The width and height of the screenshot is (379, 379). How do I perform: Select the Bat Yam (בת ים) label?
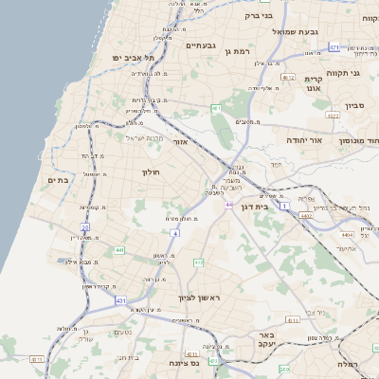coord(58,180)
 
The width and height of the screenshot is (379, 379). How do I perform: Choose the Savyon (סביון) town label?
coord(354,106)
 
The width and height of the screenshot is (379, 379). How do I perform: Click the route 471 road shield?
coord(334,46)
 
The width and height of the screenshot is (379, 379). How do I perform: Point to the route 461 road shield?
coord(216,108)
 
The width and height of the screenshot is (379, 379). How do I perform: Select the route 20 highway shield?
coord(84,227)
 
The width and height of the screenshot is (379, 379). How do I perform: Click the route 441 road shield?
coord(119,250)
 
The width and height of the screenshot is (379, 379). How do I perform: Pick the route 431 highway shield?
coord(120,299)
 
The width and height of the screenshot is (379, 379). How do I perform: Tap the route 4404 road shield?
coord(348,232)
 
